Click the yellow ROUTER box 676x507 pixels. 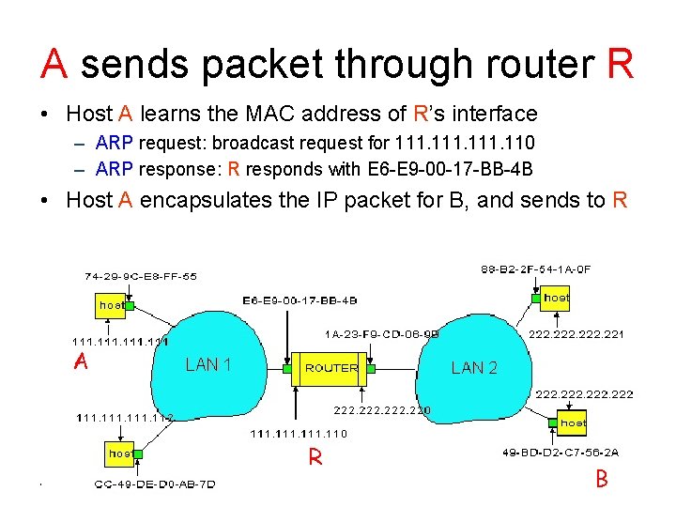click(x=331, y=368)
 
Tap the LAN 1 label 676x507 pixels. click(x=208, y=364)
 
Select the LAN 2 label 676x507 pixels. click(x=474, y=368)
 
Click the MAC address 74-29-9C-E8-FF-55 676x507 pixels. click(x=141, y=277)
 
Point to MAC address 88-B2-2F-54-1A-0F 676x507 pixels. click(x=536, y=269)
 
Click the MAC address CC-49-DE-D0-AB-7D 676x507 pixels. click(x=155, y=484)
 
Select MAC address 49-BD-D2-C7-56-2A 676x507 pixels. click(x=561, y=453)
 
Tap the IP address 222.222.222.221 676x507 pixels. click(x=576, y=333)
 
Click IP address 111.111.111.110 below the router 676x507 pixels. click(x=299, y=434)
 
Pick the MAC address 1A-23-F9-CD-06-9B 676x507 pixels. click(x=381, y=332)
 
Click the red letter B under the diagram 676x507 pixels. click(x=602, y=479)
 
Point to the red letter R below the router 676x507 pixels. click(x=316, y=458)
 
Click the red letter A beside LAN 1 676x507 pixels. click(x=82, y=362)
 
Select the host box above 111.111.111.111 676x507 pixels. click(x=113, y=304)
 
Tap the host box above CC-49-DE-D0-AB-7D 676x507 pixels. click(x=119, y=453)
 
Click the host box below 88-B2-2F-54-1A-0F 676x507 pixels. click(x=555, y=298)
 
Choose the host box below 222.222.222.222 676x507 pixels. click(x=572, y=423)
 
